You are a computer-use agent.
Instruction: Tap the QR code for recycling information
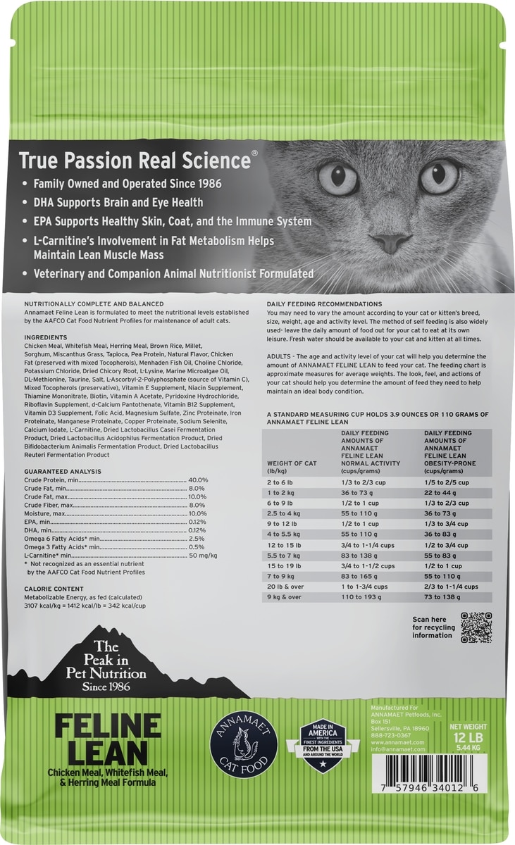[476, 627]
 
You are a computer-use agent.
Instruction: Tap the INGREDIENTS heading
[44, 337]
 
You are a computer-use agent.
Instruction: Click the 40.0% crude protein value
[198, 480]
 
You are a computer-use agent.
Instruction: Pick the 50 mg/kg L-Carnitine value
[203, 556]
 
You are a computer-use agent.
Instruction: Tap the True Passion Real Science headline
[134, 161]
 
